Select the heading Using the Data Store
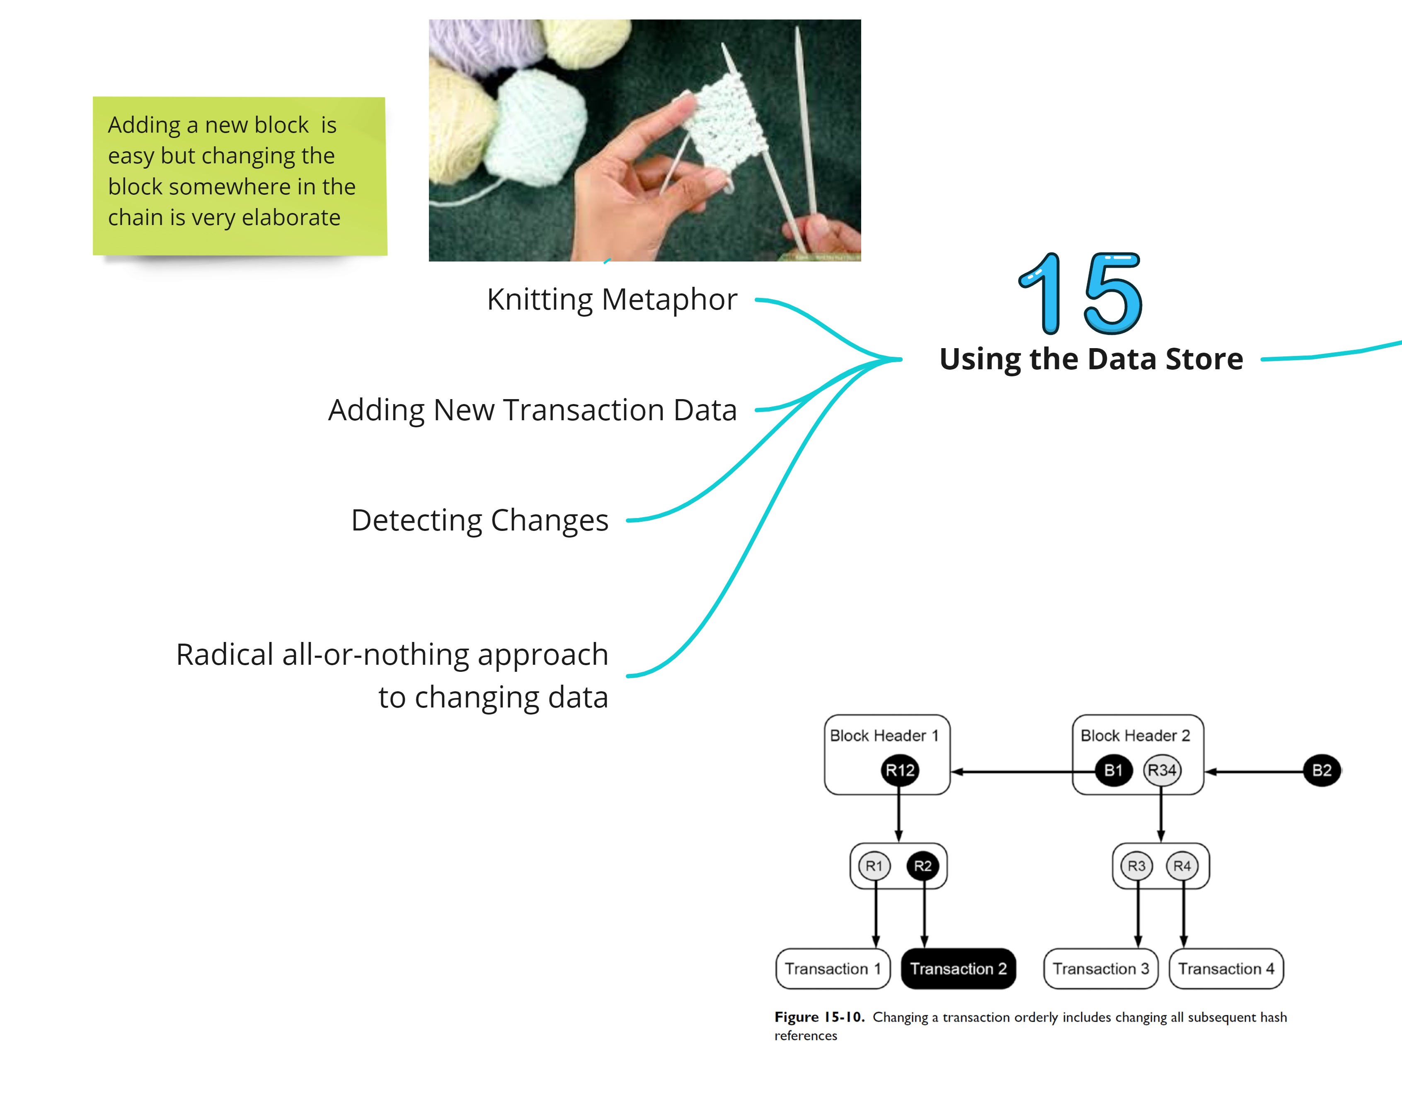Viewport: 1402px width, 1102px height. click(1090, 359)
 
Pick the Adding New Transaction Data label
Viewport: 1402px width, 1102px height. click(532, 410)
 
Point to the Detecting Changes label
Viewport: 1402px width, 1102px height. click(479, 521)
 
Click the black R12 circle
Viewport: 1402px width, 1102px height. click(899, 770)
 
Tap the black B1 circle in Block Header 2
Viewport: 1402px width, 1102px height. click(1113, 770)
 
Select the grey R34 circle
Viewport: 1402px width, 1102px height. click(1162, 770)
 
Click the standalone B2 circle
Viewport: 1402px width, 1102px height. click(1321, 770)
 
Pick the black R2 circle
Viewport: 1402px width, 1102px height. click(923, 866)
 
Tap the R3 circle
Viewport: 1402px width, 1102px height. click(1136, 866)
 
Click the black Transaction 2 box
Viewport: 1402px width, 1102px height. click(958, 969)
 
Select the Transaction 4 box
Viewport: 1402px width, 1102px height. click(1226, 969)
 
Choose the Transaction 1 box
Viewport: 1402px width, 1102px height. click(832, 969)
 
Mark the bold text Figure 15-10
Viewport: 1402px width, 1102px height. click(819, 1017)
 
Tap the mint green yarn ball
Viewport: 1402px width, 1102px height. click(542, 126)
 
